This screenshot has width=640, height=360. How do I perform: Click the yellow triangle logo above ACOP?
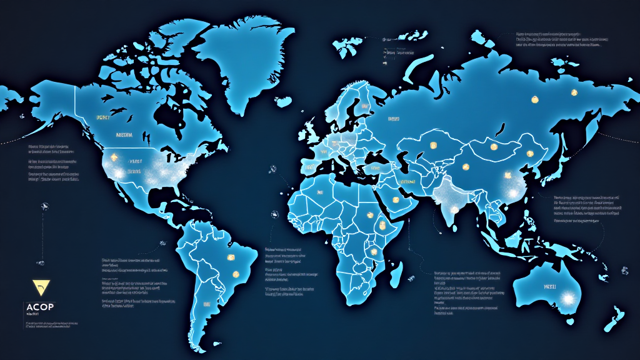[x=39, y=287]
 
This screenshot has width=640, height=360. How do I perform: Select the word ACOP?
[x=40, y=307]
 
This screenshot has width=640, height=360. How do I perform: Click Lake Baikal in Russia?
[x=500, y=130]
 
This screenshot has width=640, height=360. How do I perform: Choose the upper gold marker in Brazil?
[x=229, y=258]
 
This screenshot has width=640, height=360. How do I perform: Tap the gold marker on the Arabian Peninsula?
[x=396, y=201]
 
